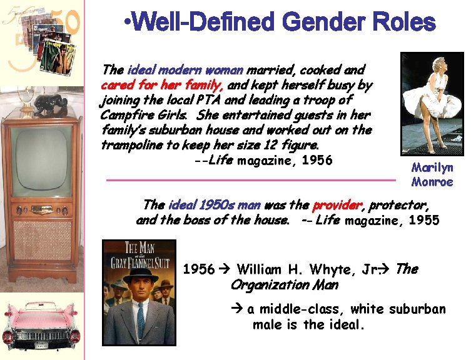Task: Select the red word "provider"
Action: pyautogui.click(x=337, y=205)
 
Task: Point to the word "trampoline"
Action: pyautogui.click(x=133, y=145)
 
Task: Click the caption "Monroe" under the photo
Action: pyautogui.click(x=432, y=182)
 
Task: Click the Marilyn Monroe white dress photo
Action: pyautogui.click(x=432, y=103)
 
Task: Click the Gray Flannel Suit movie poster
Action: pyautogui.click(x=138, y=292)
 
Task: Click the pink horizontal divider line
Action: pyautogui.click(x=250, y=180)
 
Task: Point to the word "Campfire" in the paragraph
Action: pyautogui.click(x=121, y=115)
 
